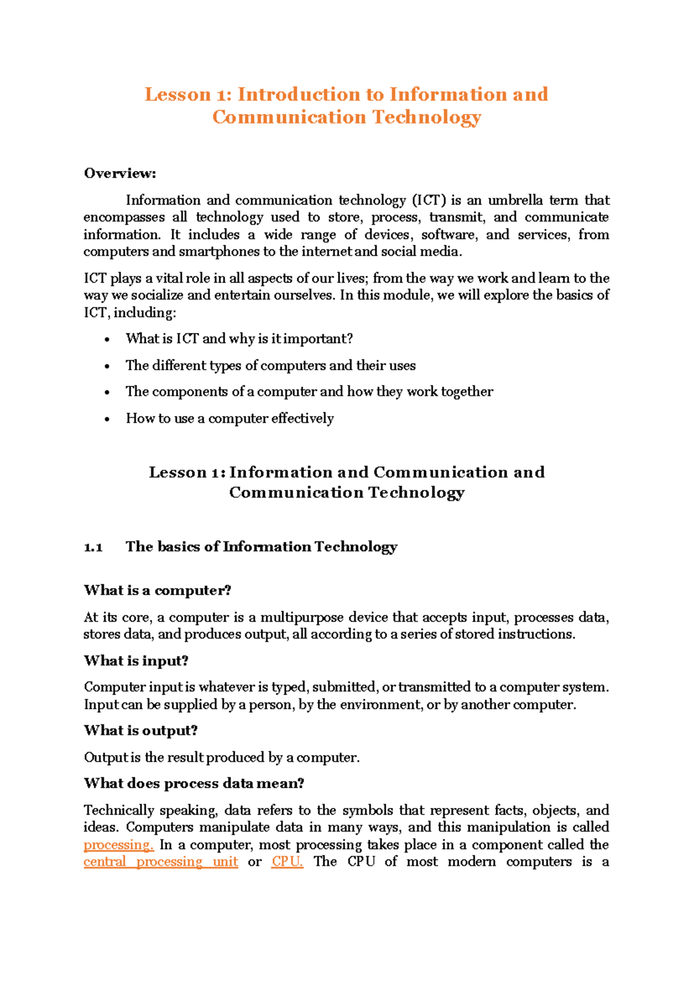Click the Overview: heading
pyautogui.click(x=120, y=174)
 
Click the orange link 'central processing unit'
pyautogui.click(x=160, y=862)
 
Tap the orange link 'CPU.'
pyautogui.click(x=287, y=862)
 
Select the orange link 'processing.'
pyautogui.click(x=118, y=845)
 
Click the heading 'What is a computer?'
pyautogui.click(x=157, y=591)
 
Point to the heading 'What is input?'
pyautogui.click(x=136, y=661)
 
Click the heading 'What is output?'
pyautogui.click(x=141, y=731)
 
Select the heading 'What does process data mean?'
pyautogui.click(x=194, y=784)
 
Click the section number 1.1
pyautogui.click(x=93, y=547)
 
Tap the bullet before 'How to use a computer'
pyautogui.click(x=107, y=419)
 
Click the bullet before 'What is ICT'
pyautogui.click(x=107, y=340)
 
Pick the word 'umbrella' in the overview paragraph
pyautogui.click(x=515, y=201)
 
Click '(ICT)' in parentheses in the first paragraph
pyautogui.click(x=429, y=201)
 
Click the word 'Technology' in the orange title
pyautogui.click(x=426, y=117)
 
